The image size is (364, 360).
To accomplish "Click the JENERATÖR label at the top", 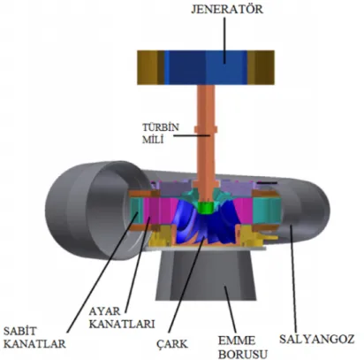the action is click(227, 9).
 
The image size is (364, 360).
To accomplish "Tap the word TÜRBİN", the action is click(161, 127).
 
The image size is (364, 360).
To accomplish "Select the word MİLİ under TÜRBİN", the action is click(153, 140).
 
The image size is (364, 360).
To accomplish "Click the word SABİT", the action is click(20, 331).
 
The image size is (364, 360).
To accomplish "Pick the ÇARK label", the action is click(172, 343).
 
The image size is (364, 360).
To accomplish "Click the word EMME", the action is click(237, 341).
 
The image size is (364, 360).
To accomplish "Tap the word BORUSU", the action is click(243, 354).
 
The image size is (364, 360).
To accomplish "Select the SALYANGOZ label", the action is click(316, 339).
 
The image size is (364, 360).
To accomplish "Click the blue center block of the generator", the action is click(206, 67).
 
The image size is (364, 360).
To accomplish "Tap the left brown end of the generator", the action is click(150, 67).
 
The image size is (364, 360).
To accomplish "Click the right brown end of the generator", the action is click(261, 67).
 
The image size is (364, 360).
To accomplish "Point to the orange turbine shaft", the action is click(206, 139).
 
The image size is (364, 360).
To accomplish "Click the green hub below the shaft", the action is click(205, 208).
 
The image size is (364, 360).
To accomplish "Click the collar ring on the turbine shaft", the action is click(206, 129).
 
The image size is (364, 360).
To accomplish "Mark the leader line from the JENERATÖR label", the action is click(224, 40).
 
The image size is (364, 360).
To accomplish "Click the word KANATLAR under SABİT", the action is click(34, 344).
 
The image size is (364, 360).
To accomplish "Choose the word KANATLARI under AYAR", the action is click(122, 324).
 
